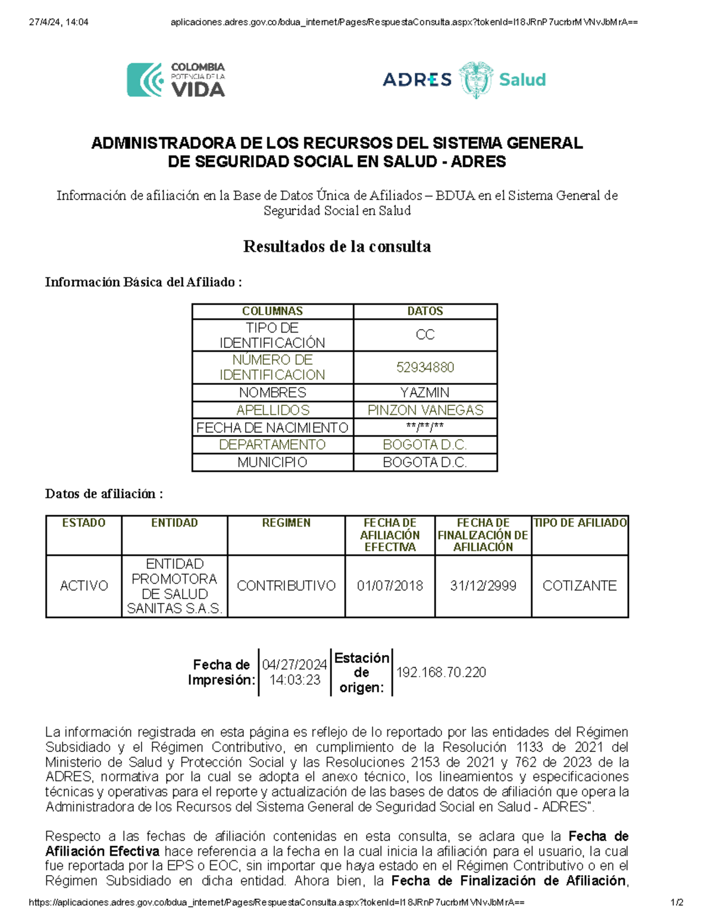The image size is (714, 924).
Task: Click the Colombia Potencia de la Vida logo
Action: [176, 80]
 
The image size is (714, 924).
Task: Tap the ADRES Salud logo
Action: [464, 79]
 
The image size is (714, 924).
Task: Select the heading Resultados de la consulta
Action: [337, 246]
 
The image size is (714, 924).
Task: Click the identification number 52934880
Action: [425, 367]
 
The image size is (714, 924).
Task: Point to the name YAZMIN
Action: [425, 393]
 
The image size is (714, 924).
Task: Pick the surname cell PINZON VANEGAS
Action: [425, 410]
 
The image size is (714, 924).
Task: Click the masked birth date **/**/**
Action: [425, 427]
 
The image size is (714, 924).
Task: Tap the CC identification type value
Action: [425, 335]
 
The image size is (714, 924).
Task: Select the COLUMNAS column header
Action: [273, 311]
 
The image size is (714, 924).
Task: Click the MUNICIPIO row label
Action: [273, 462]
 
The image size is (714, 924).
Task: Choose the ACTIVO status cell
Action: [84, 586]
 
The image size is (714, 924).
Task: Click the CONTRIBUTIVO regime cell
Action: [286, 586]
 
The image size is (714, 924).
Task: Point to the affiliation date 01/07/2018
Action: [390, 586]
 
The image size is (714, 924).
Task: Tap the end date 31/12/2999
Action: [483, 586]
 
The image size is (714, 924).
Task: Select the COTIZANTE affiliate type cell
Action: [580, 586]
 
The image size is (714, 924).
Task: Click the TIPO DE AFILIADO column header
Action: [580, 523]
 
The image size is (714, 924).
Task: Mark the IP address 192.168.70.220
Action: [441, 672]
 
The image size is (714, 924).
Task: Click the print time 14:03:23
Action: [295, 680]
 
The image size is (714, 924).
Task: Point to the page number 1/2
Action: [677, 903]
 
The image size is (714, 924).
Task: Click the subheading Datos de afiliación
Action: [104, 494]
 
